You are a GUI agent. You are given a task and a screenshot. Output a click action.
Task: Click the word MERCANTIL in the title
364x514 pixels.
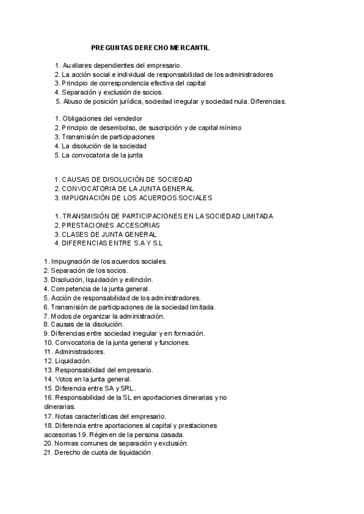[x=190, y=47]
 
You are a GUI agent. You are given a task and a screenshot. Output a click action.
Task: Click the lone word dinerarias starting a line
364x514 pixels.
[x=59, y=407]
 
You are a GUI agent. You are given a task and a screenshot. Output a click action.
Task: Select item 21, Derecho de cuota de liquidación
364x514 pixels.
[x=98, y=453]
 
